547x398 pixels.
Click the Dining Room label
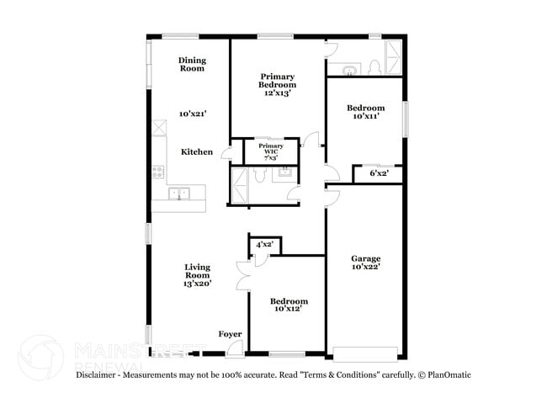(x=192, y=64)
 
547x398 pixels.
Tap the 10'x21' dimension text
(x=192, y=113)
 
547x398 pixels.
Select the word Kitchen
(x=196, y=151)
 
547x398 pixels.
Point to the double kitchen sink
(x=178, y=194)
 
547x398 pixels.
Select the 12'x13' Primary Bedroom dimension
(x=277, y=93)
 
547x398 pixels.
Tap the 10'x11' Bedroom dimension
(x=365, y=116)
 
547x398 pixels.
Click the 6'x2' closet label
(x=380, y=173)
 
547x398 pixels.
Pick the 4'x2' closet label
(x=264, y=245)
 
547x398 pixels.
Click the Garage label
(x=366, y=258)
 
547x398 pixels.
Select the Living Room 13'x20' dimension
(x=197, y=284)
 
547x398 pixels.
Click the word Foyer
(x=231, y=334)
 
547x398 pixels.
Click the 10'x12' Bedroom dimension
(x=289, y=309)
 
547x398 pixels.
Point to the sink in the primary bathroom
(x=284, y=172)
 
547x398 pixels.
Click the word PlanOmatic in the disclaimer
(x=447, y=374)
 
